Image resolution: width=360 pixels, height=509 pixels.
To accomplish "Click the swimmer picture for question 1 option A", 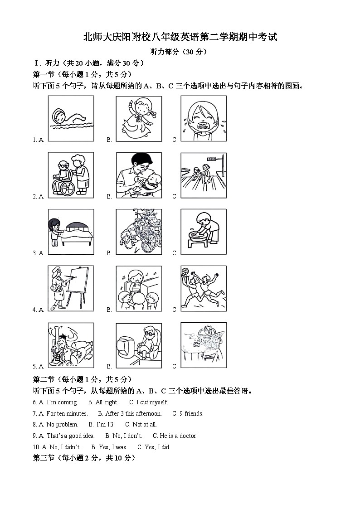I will tap(71, 119).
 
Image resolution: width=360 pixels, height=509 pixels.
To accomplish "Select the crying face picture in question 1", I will tap(203, 119).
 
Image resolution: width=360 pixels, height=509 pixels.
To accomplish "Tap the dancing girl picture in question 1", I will tap(139, 119).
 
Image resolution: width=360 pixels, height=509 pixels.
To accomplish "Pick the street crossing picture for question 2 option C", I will tap(203, 175).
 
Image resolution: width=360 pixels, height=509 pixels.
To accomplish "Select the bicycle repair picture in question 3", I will tap(139, 232).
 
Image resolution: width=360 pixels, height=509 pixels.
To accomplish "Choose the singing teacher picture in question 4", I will tap(139, 288).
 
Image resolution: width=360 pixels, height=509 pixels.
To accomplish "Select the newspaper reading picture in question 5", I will tap(203, 345).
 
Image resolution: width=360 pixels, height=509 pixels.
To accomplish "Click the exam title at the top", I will tap(180, 38).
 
